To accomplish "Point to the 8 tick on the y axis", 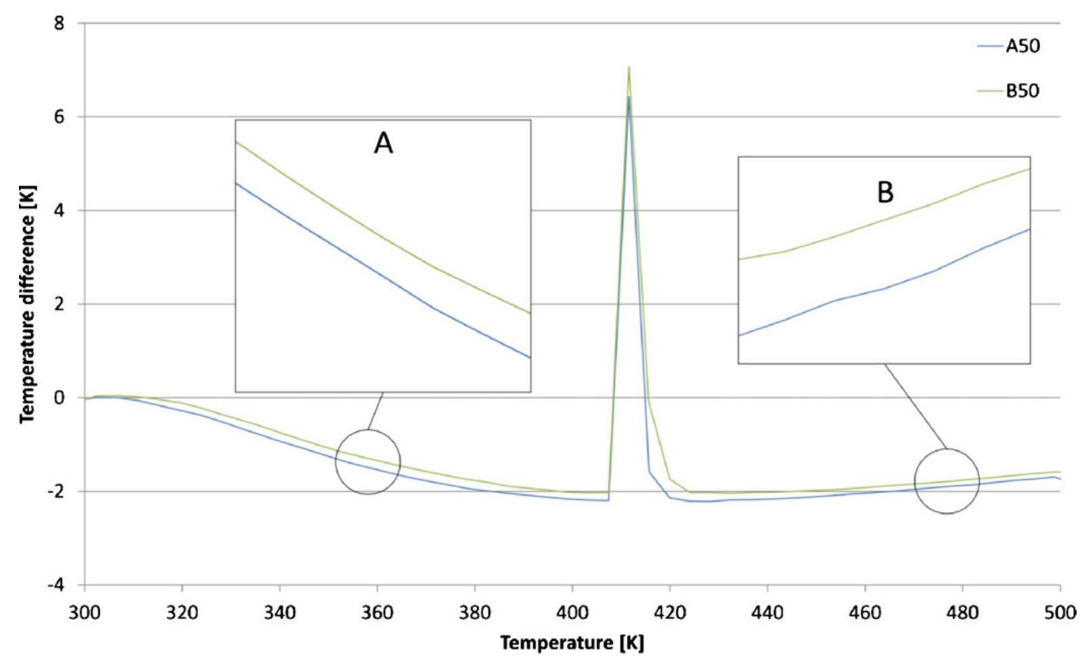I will click(60, 24).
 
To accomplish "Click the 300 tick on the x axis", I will click(85, 613).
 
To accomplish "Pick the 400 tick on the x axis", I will click(572, 613).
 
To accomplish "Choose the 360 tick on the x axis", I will click(377, 613).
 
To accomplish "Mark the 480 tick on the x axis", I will click(962, 613).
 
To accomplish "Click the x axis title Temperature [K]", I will click(572, 642).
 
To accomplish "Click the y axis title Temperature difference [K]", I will click(27, 305).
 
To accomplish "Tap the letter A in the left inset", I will click(383, 144).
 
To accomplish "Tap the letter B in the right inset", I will click(885, 192).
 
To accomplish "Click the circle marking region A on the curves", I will click(368, 462).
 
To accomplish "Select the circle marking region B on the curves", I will click(947, 481).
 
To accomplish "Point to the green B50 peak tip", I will click(629, 67).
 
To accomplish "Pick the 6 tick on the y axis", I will click(60, 117).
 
